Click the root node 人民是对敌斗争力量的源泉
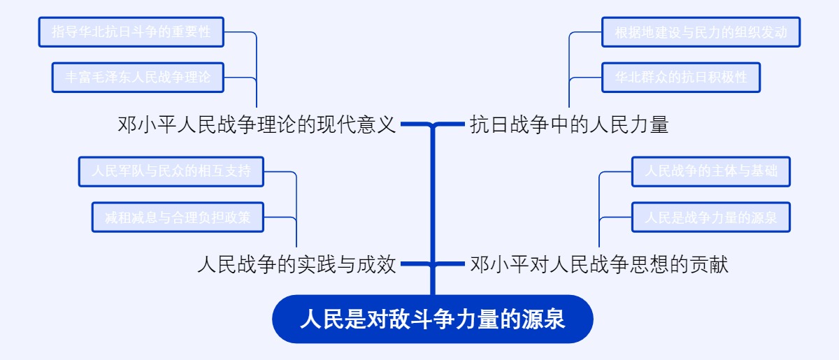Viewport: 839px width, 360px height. [x=432, y=319]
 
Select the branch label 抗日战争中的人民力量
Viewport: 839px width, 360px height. [x=569, y=125]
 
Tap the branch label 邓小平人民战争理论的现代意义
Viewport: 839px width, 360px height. [x=257, y=125]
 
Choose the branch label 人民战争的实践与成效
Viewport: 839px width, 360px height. [x=297, y=265]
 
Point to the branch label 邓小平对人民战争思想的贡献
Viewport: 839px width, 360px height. [x=599, y=265]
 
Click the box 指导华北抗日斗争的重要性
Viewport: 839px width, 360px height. [x=131, y=32]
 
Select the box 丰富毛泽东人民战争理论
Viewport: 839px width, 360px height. [x=138, y=77]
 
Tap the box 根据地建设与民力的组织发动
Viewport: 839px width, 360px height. [x=701, y=32]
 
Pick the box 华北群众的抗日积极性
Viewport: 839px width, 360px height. [x=681, y=77]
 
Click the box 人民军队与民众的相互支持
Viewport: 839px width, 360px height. [x=171, y=171]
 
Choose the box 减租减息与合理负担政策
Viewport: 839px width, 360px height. [x=178, y=217]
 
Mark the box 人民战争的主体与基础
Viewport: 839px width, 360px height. [x=710, y=171]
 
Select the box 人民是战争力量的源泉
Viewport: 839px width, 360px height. [x=710, y=217]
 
